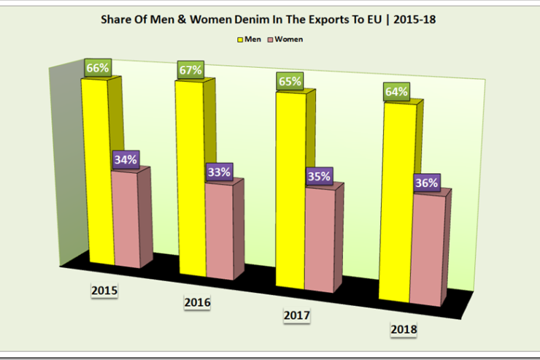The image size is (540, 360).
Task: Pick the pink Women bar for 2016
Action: [x=218, y=230]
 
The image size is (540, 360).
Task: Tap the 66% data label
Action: [x=97, y=68]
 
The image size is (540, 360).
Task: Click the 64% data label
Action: [x=397, y=93]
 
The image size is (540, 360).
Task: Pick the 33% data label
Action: [x=218, y=172]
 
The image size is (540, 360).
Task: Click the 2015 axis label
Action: [x=104, y=291]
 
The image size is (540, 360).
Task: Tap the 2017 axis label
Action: [x=296, y=316]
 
